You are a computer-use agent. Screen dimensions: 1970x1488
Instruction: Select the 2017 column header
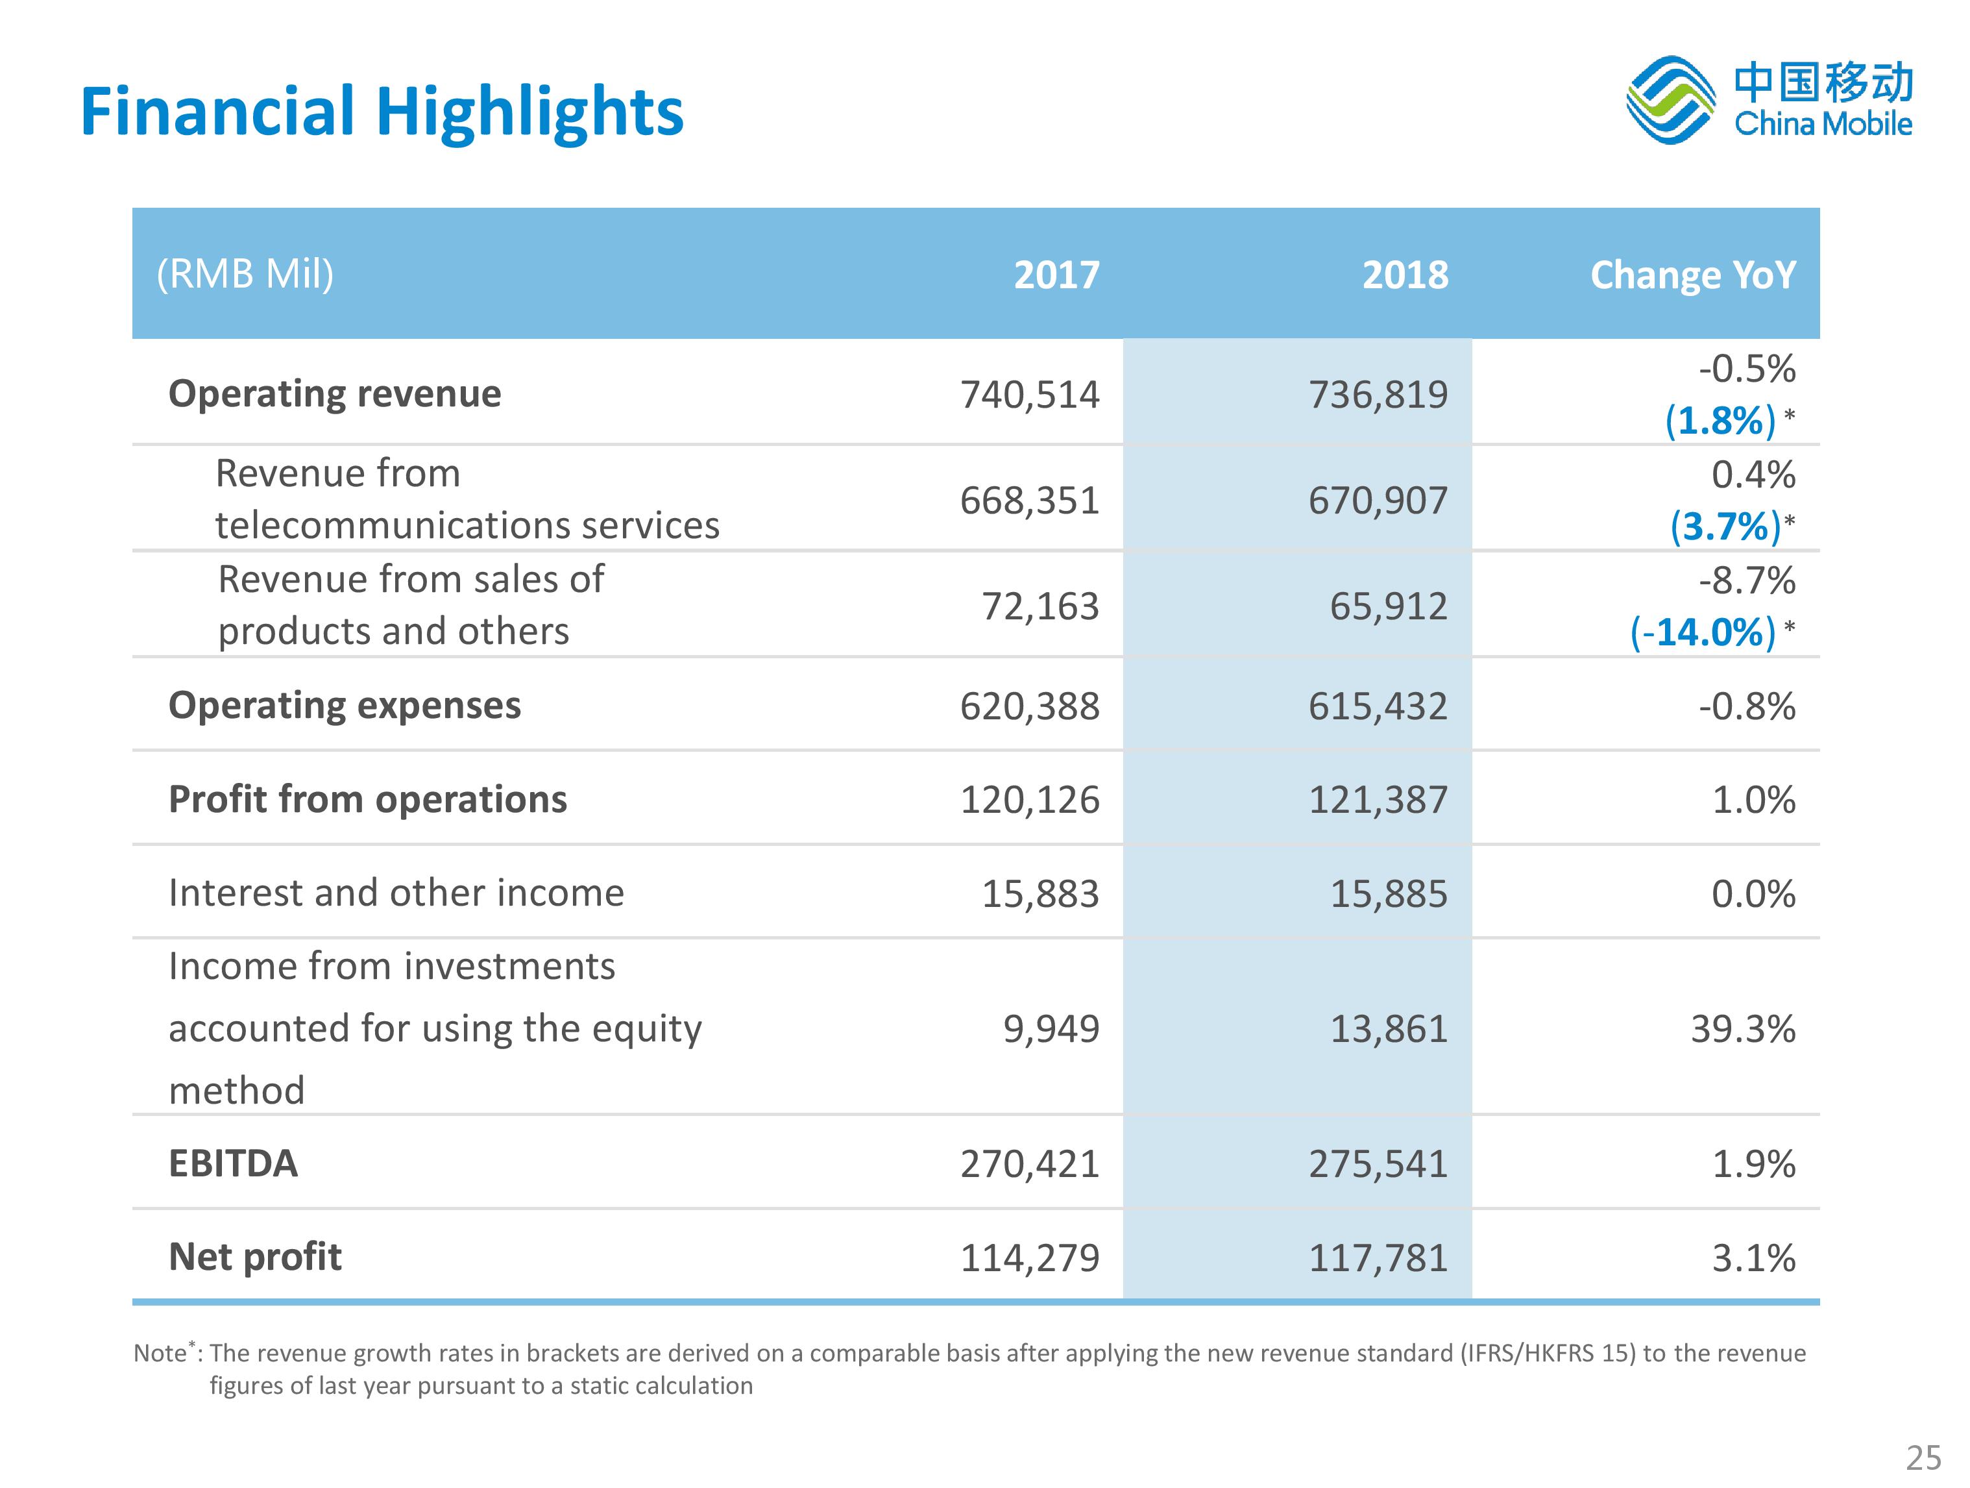click(1056, 275)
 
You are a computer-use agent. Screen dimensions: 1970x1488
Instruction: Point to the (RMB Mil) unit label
click(245, 273)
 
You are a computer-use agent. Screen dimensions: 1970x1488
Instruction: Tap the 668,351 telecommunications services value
click(1030, 501)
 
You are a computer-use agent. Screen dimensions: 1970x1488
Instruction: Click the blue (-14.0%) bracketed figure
click(1703, 632)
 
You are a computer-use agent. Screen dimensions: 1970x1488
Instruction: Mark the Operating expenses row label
click(345, 706)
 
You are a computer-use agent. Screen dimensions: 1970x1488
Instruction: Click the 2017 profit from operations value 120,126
click(1030, 800)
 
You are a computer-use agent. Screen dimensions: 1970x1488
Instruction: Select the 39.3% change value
click(1743, 1029)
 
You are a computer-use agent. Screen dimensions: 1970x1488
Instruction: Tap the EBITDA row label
click(234, 1163)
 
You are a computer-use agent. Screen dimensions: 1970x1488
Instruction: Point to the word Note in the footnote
click(160, 1354)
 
